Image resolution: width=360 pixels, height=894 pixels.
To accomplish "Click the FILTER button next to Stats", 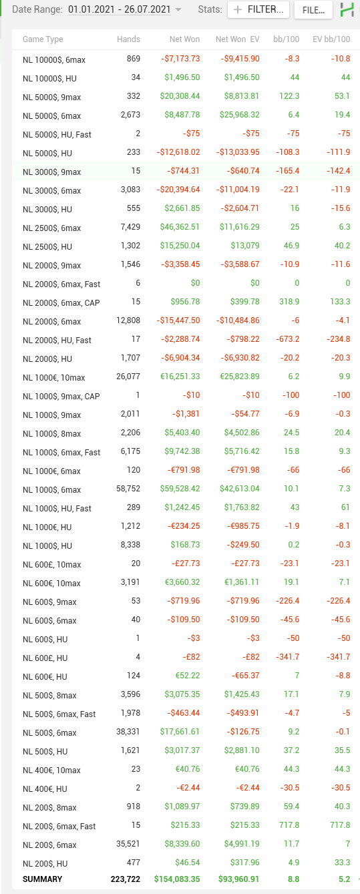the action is click(258, 9).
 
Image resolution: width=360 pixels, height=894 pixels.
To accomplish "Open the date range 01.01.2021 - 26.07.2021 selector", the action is click(124, 9).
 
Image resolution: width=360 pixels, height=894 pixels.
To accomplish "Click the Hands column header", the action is click(128, 39).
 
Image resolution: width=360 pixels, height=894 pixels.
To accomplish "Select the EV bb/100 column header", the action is click(331, 39).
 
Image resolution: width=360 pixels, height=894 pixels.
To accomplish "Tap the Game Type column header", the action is click(43, 39).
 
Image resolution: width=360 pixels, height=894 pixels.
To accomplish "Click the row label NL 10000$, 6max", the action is click(54, 60).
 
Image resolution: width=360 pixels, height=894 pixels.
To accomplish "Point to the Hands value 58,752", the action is click(128, 489).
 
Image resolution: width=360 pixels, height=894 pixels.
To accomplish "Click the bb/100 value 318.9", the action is click(289, 301).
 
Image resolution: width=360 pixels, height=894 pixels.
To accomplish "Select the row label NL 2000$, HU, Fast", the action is click(57, 340).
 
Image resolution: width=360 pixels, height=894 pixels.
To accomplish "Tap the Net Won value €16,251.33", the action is click(180, 377).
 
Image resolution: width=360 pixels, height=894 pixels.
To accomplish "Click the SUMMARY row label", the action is click(42, 879).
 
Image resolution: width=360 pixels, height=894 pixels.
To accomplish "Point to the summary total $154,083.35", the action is click(177, 879).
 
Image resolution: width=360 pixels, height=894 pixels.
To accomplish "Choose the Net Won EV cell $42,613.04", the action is click(240, 489).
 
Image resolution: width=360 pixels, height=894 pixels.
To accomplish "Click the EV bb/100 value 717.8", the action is click(340, 825).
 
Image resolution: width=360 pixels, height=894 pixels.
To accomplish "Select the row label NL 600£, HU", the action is click(45, 658).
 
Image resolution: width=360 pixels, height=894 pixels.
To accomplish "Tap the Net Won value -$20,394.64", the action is click(178, 189).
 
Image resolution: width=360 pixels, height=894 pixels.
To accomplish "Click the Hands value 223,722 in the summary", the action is click(126, 879).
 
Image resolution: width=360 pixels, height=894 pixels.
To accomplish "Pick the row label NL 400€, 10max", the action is click(51, 770).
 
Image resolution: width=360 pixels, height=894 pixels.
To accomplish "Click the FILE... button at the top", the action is click(313, 10).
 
